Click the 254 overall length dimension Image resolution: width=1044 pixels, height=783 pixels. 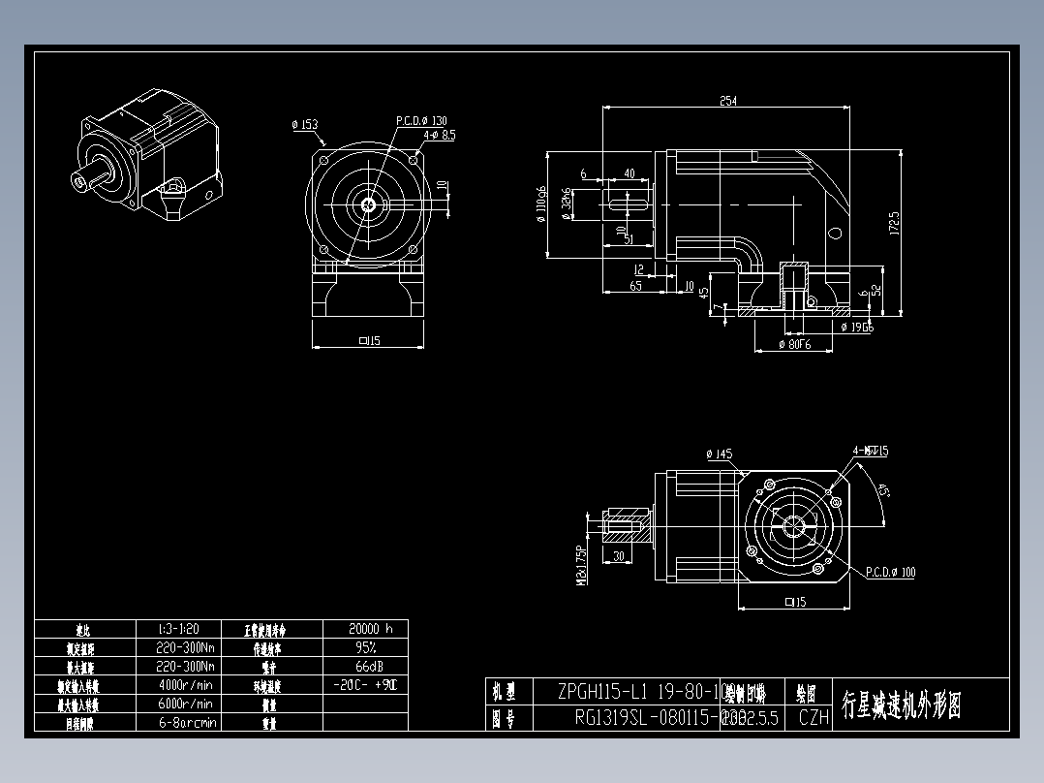(x=727, y=100)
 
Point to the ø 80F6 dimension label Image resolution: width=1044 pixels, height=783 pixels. (x=793, y=345)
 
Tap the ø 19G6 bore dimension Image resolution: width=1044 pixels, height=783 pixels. (x=857, y=328)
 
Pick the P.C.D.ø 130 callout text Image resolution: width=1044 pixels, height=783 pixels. (x=421, y=121)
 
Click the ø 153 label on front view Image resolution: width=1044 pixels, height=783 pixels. (x=304, y=124)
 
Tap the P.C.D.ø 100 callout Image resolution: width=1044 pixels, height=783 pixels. (x=890, y=572)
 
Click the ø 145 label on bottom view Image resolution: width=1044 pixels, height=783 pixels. (x=719, y=454)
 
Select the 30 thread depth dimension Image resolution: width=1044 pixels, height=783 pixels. (x=618, y=556)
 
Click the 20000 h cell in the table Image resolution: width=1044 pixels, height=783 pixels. (x=364, y=628)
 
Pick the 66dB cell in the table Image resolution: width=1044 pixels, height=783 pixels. (x=364, y=667)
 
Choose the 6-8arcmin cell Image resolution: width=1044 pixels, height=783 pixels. (x=186, y=722)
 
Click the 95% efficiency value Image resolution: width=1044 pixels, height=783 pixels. (x=364, y=646)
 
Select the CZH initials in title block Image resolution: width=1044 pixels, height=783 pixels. (x=814, y=717)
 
